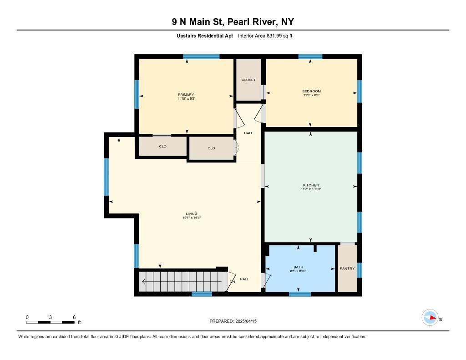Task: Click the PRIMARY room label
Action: pyautogui.click(x=186, y=95)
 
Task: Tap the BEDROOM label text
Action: pyautogui.click(x=311, y=91)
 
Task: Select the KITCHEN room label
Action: pyautogui.click(x=311, y=185)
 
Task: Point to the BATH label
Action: pyautogui.click(x=298, y=267)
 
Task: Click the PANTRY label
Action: pyautogui.click(x=347, y=269)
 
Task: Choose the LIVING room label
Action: pyautogui.click(x=192, y=214)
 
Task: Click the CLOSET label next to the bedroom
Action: pyautogui.click(x=248, y=80)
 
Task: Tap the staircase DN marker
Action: pyautogui.click(x=232, y=282)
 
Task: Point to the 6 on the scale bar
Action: pyautogui.click(x=74, y=317)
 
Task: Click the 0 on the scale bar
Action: pyautogui.click(x=27, y=317)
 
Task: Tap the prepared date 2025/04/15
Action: pyautogui.click(x=250, y=321)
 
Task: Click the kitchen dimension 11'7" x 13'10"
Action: pyautogui.click(x=311, y=189)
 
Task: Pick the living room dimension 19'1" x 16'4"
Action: pyautogui.click(x=192, y=218)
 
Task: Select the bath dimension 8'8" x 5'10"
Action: pyautogui.click(x=298, y=271)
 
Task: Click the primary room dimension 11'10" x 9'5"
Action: pyautogui.click(x=186, y=98)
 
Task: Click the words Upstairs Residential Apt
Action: pyautogui.click(x=205, y=35)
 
